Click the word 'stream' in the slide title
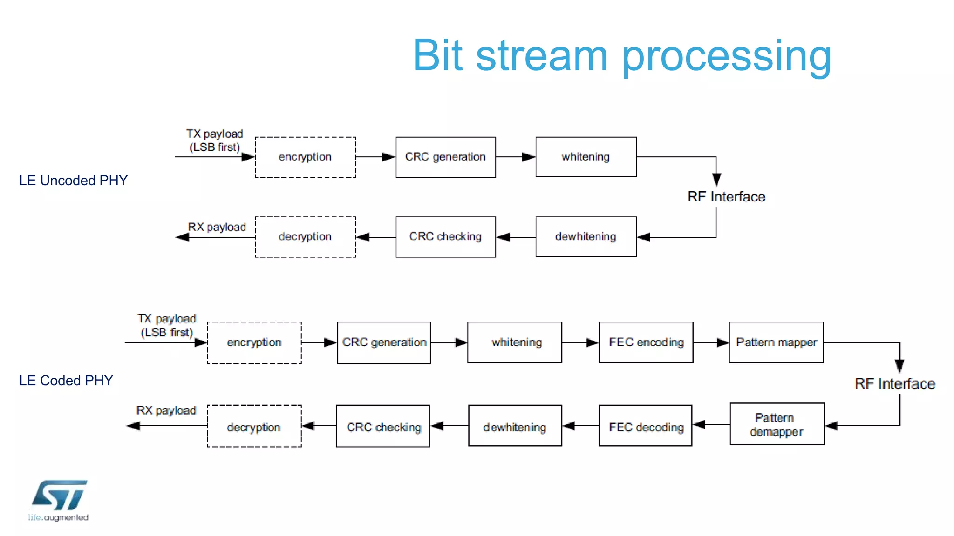[x=542, y=56]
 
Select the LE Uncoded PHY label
[x=73, y=181]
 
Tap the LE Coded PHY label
[x=66, y=381]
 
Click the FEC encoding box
[x=646, y=342]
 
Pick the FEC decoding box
[x=645, y=426]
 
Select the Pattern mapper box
[x=776, y=342]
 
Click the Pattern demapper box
[x=777, y=424]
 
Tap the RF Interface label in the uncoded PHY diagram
[x=726, y=197]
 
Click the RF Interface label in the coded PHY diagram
[x=894, y=384]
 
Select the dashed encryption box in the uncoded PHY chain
[x=305, y=157]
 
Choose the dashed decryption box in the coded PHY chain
[x=254, y=426]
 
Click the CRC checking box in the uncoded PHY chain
[x=445, y=237]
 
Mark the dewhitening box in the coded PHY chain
[x=515, y=426]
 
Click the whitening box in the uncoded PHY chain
[x=586, y=157]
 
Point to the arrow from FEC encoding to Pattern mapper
[x=711, y=342]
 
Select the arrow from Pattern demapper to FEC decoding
[x=711, y=424]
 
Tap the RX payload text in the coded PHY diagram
[x=166, y=410]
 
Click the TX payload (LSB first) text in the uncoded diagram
[x=214, y=141]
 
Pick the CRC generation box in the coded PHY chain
[x=384, y=342]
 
